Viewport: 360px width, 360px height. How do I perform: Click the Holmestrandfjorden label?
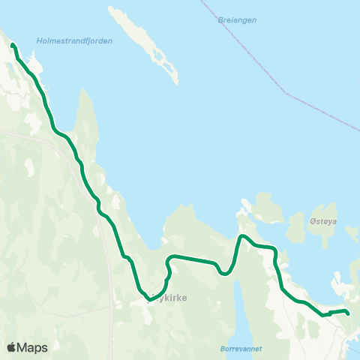74,41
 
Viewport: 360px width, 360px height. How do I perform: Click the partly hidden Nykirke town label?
171,298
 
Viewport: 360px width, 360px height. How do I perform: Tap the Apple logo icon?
11,347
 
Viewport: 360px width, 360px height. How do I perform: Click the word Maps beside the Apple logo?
32,347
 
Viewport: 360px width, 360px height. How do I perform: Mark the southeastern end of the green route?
347,313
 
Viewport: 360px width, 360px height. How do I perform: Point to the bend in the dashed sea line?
285,93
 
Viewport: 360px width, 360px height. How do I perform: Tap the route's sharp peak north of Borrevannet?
241,237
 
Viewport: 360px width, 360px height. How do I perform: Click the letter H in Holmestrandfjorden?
38,41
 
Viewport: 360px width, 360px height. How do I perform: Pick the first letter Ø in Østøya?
312,222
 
